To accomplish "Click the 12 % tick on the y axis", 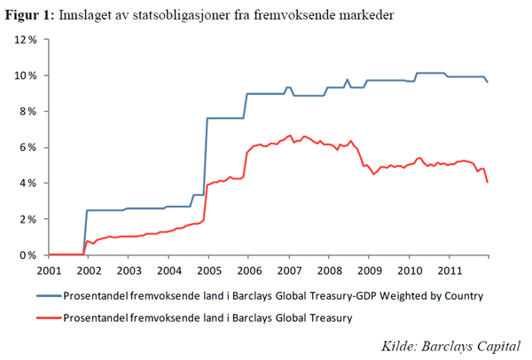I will pos(25,40).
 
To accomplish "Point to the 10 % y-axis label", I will pos(25,75).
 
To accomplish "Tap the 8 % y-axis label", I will pos(27,112).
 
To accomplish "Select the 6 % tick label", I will pos(27,147).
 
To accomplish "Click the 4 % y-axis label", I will pos(27,184).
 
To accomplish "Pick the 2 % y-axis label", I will pos(27,219).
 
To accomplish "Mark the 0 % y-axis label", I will pos(27,255).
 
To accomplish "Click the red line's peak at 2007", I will pos(290,136).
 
